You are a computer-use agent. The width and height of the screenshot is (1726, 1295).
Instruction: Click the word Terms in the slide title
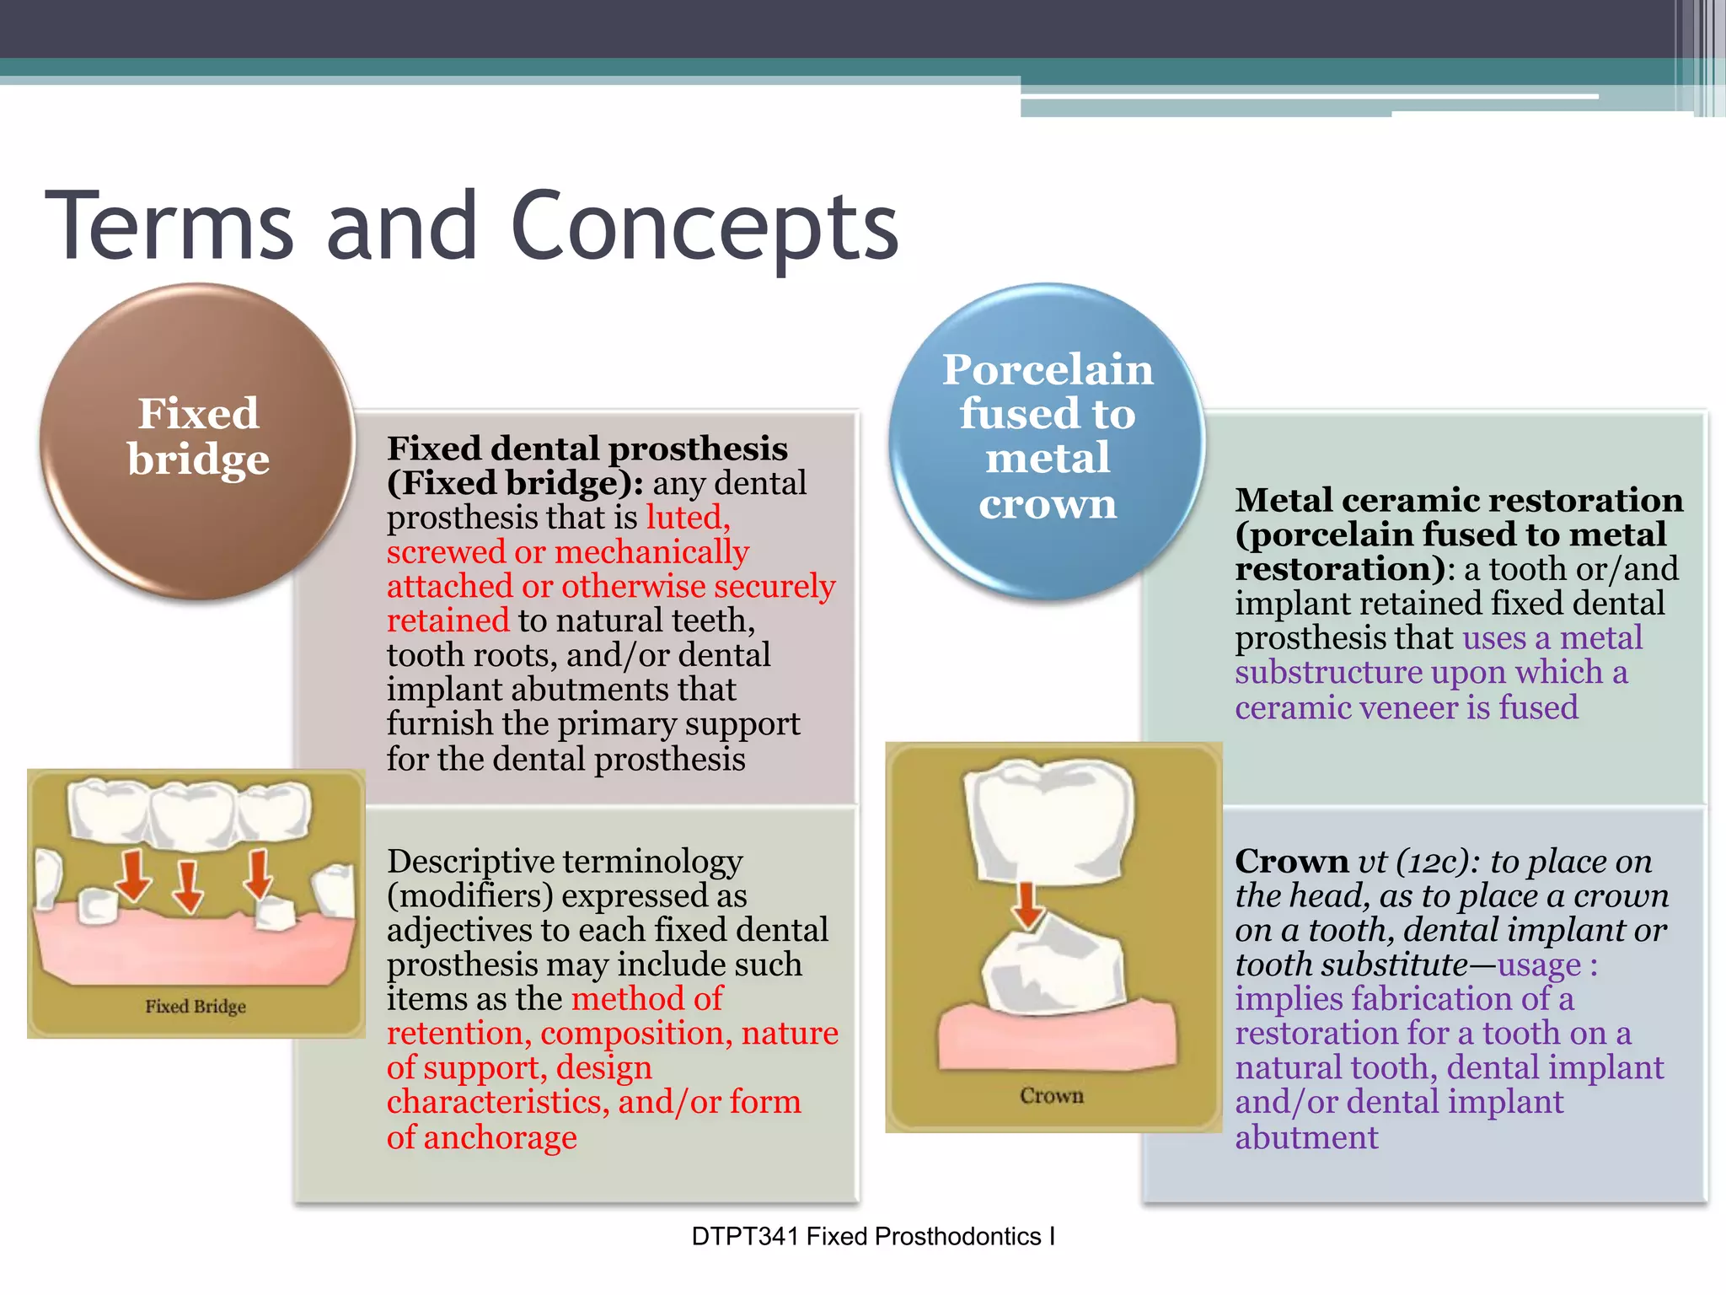tap(169, 226)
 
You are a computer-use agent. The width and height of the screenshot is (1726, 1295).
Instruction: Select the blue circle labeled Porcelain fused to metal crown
tap(1047, 441)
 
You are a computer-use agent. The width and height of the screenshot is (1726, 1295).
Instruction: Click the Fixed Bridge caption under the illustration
tap(196, 1007)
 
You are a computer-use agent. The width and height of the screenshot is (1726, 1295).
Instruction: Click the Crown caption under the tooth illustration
tap(1051, 1095)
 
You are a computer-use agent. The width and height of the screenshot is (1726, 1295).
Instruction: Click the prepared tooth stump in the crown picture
tap(1053, 965)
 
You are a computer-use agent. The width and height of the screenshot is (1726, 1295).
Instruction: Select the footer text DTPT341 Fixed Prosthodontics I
tap(873, 1237)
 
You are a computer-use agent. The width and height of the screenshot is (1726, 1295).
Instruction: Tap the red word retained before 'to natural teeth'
tap(448, 621)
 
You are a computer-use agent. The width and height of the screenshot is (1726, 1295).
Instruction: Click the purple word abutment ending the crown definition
tap(1306, 1137)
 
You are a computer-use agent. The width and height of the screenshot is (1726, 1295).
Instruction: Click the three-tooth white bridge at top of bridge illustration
tap(190, 811)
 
